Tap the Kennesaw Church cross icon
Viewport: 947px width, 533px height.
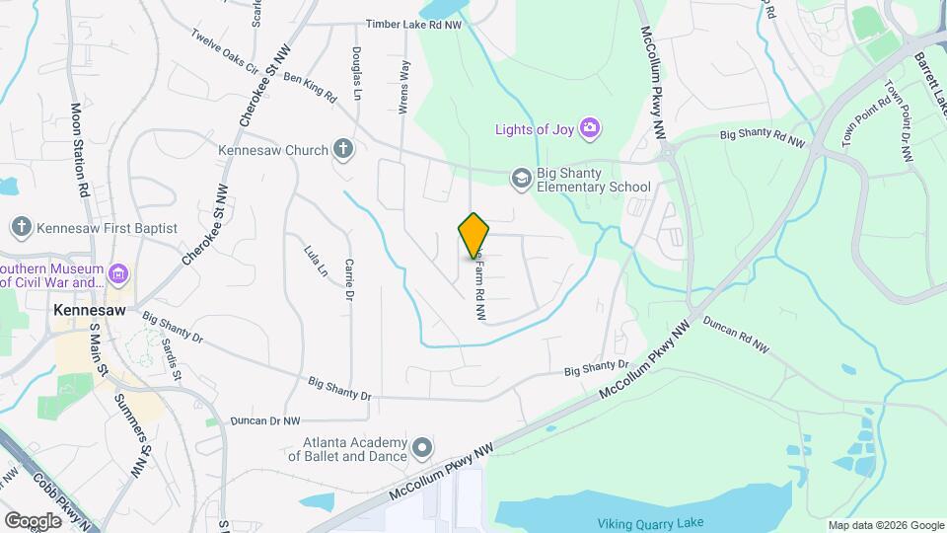(342, 150)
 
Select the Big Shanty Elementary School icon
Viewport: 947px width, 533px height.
(520, 178)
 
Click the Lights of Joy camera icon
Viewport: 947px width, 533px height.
(590, 127)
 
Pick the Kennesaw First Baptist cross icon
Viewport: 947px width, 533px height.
(22, 228)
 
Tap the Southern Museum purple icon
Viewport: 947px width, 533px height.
(118, 272)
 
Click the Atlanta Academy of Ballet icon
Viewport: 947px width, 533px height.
(422, 448)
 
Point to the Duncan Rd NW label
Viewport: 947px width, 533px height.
(745, 341)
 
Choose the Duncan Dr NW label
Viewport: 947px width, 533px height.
(264, 420)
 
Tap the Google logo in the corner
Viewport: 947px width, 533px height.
(33, 520)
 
